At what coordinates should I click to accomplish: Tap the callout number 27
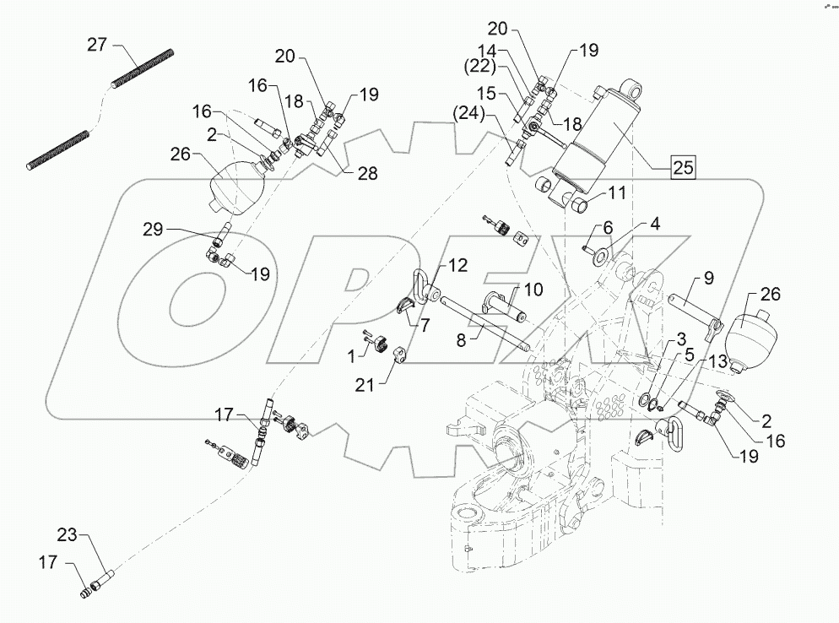coord(98,45)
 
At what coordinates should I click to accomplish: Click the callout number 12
coord(457,266)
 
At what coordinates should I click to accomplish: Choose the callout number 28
coord(368,173)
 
